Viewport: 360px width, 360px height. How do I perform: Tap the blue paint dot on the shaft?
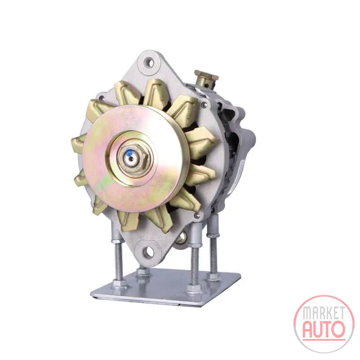pos(130,152)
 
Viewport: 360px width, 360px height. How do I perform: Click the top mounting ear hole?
pos(149,62)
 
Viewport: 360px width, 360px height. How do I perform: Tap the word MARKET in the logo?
pos(323,313)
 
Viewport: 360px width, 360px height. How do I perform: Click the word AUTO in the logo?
pos(324,330)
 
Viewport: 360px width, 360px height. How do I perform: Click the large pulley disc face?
pos(135,158)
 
